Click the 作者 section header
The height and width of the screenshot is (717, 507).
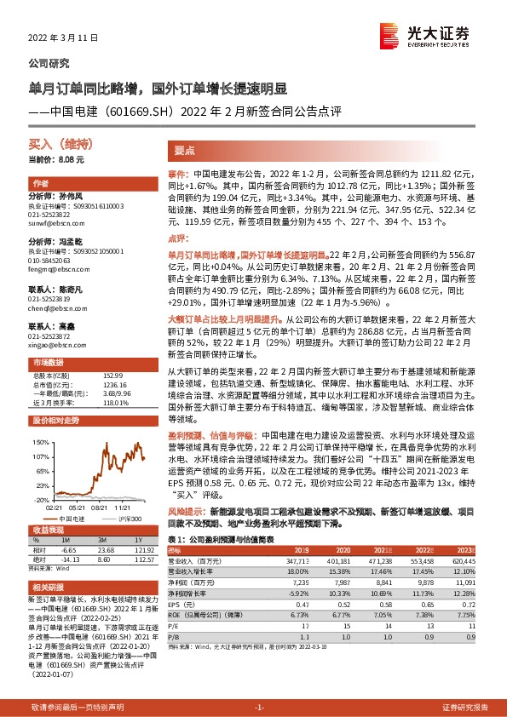pos(40,184)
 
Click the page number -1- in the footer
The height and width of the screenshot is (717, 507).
pos(261,708)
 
